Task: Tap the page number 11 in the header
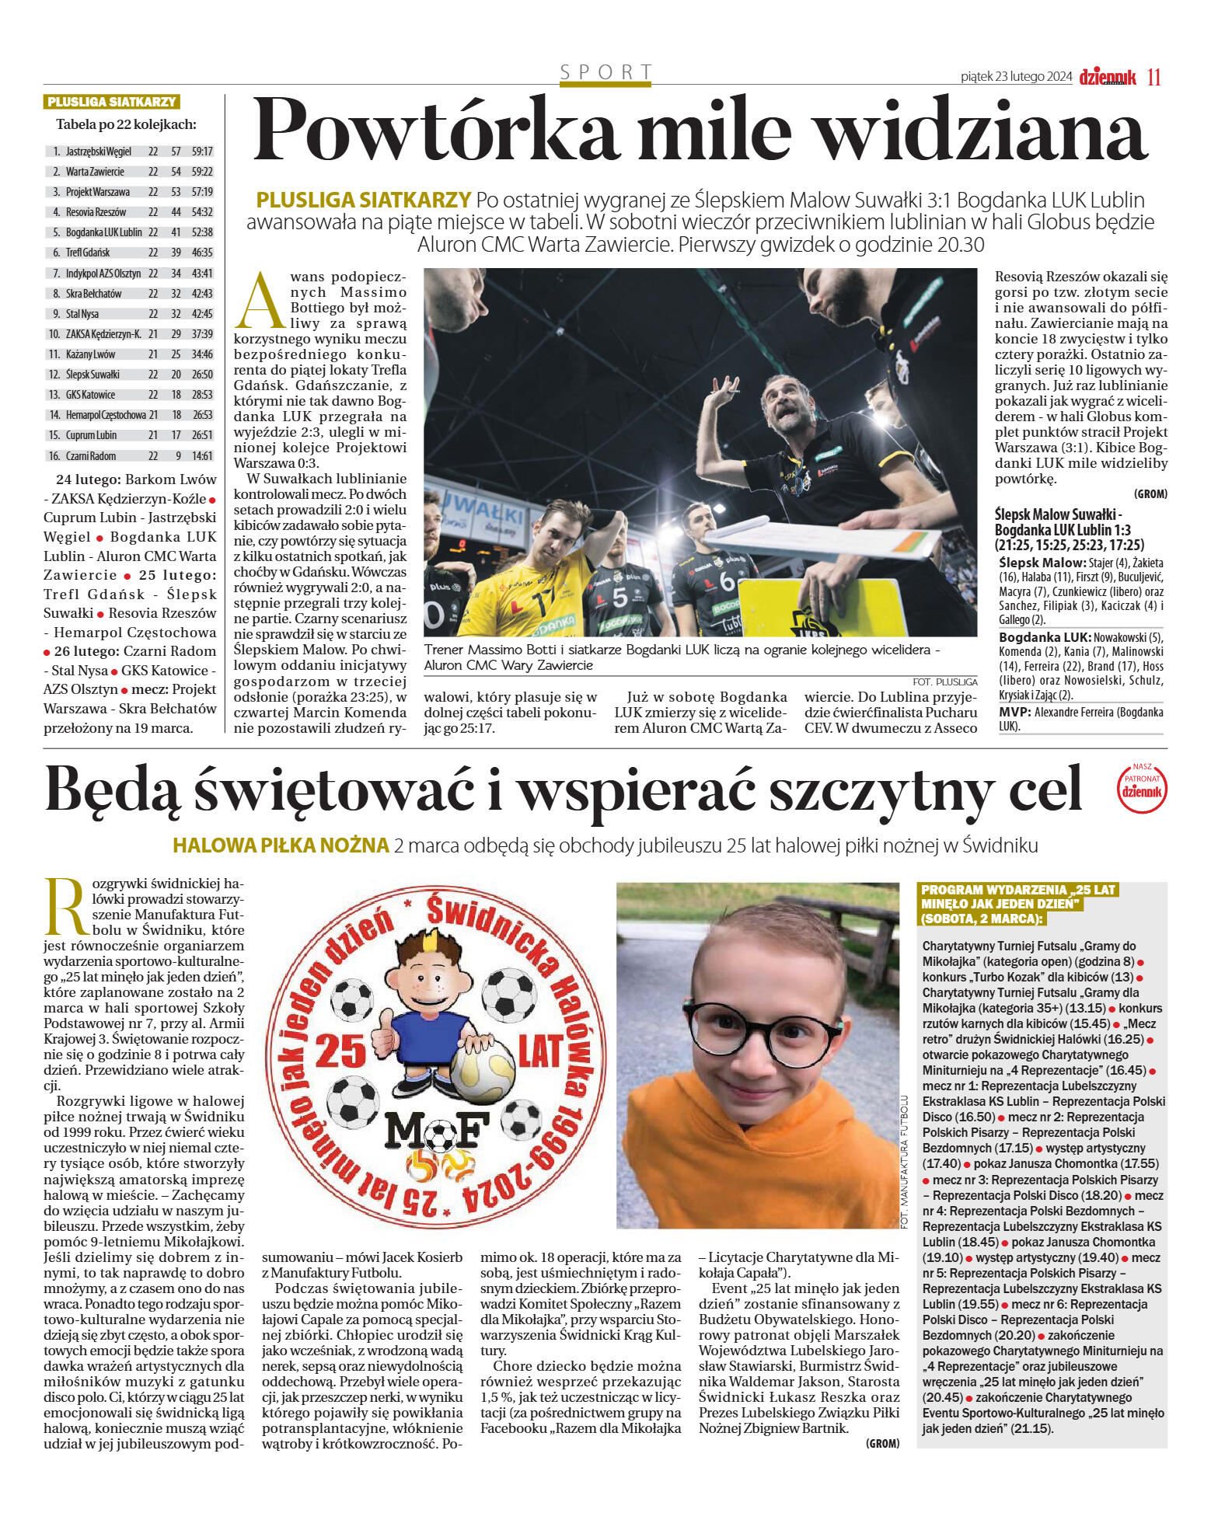(1153, 77)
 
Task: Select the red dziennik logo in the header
(1107, 77)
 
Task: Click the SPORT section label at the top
(605, 72)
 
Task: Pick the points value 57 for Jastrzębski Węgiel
(176, 152)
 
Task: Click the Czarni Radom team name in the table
(91, 456)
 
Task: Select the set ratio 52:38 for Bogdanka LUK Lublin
(202, 232)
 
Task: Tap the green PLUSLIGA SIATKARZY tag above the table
(112, 102)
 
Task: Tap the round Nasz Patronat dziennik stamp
(1142, 786)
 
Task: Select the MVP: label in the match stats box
(1015, 712)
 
